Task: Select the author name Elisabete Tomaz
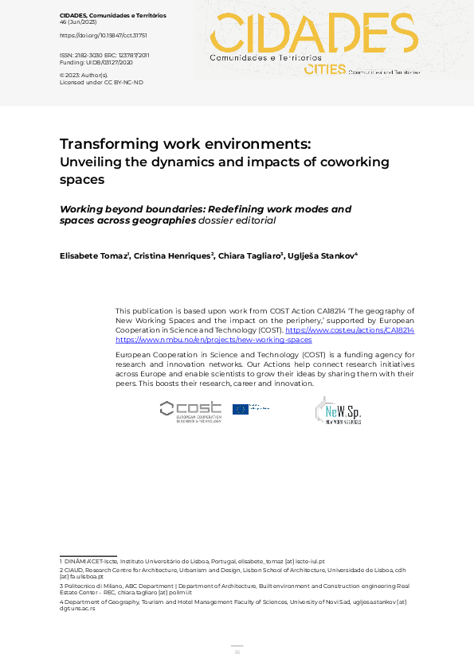coord(94,255)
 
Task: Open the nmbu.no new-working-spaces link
coord(213,339)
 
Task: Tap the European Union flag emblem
coord(241,409)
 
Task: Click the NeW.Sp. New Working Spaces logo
coord(338,411)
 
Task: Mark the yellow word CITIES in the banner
coord(324,70)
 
